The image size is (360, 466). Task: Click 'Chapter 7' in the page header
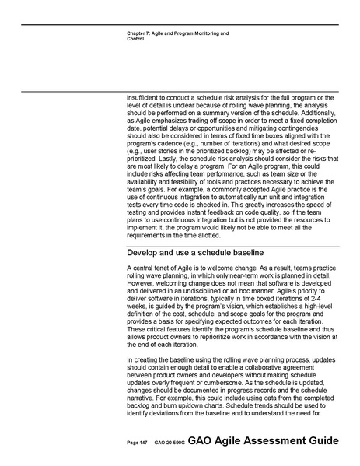138,34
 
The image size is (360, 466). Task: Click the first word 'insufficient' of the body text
145,95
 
